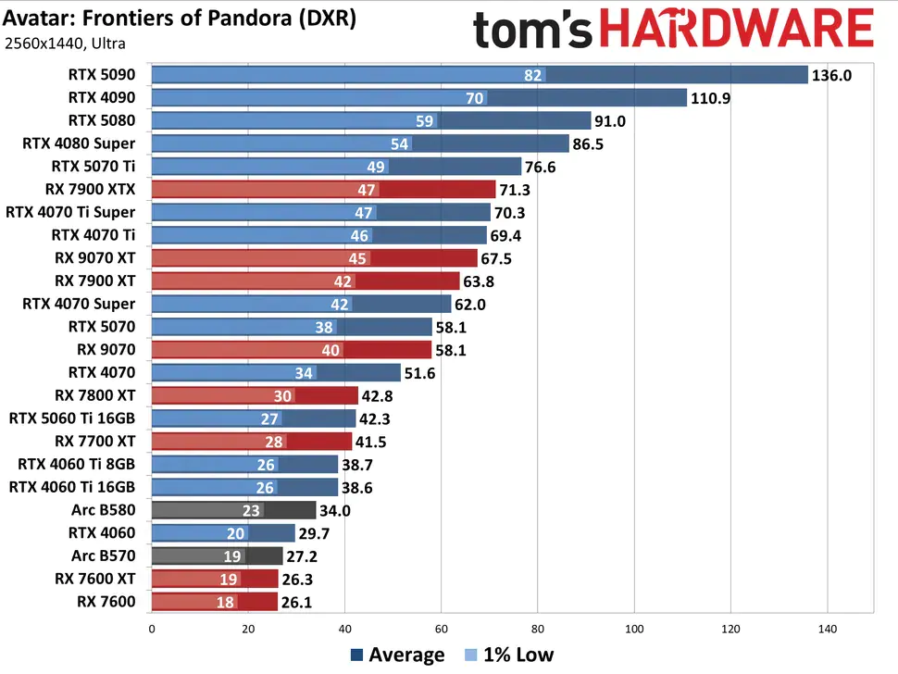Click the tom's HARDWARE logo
[x=673, y=29]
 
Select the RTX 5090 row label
[x=102, y=75]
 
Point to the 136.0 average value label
[x=831, y=75]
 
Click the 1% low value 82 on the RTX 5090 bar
[x=532, y=75]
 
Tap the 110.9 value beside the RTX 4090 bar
[x=711, y=98]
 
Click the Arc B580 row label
[x=103, y=509]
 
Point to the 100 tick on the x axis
[x=634, y=629]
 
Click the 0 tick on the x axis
[x=151, y=629]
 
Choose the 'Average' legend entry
[x=397, y=655]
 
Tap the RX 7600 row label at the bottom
[x=106, y=601]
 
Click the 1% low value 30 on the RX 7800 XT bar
[x=282, y=395]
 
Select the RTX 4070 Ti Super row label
[x=70, y=212]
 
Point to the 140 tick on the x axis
[x=827, y=629]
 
